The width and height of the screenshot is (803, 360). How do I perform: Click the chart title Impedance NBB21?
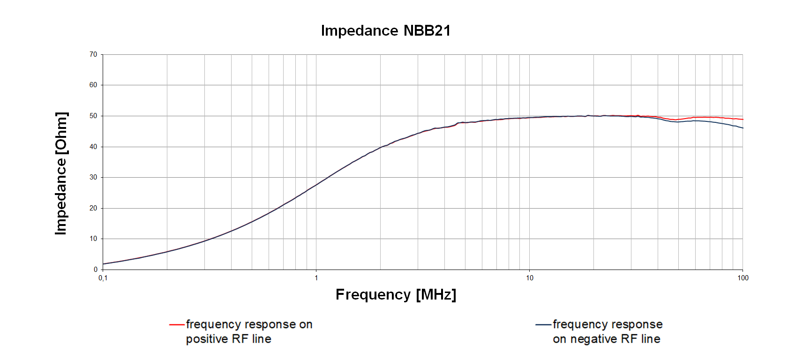tap(385, 30)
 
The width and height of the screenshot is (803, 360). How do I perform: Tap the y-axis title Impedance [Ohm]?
tap(61, 173)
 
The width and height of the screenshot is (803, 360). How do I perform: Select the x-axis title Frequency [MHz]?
tap(396, 294)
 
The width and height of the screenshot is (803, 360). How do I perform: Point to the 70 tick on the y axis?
tap(93, 54)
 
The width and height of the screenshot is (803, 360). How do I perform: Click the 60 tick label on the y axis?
tap(93, 85)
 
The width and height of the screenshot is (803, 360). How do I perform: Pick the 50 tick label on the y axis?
tap(93, 116)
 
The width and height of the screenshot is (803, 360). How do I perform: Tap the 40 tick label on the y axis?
tap(93, 147)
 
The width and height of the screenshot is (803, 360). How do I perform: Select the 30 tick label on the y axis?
tap(93, 177)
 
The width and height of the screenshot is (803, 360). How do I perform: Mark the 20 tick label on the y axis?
tap(93, 208)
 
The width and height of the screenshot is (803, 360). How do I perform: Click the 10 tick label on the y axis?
tap(93, 239)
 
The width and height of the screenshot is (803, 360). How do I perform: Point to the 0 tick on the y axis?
tap(95, 270)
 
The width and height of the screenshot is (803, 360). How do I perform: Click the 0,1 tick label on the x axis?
tap(103, 278)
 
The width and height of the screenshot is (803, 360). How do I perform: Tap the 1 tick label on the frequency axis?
tap(316, 278)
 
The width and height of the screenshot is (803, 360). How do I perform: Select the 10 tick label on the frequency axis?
tap(529, 278)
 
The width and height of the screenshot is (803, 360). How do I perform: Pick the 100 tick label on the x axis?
tap(743, 278)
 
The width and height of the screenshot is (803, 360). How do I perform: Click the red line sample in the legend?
tap(177, 324)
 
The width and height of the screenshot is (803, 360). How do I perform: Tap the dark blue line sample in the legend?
tap(543, 324)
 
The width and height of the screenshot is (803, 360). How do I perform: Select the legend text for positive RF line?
tap(249, 331)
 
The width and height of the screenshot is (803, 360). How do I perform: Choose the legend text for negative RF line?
tap(607, 331)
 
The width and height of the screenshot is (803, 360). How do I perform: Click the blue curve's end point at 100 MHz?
tap(743, 128)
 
